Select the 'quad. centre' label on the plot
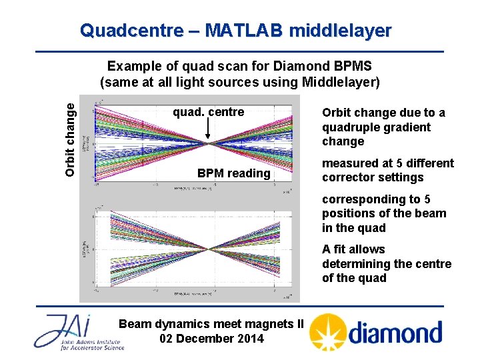pyautogui.click(x=209, y=112)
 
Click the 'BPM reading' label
pyautogui.click(x=234, y=173)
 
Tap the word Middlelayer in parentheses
pyautogui.click(x=340, y=82)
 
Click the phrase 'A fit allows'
pyautogui.click(x=353, y=249)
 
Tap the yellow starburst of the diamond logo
pyautogui.click(x=329, y=332)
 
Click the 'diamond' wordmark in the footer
pyautogui.click(x=395, y=333)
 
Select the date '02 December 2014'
pyautogui.click(x=211, y=338)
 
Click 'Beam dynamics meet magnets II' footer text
pyautogui.click(x=211, y=324)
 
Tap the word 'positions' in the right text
pyautogui.click(x=347, y=213)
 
